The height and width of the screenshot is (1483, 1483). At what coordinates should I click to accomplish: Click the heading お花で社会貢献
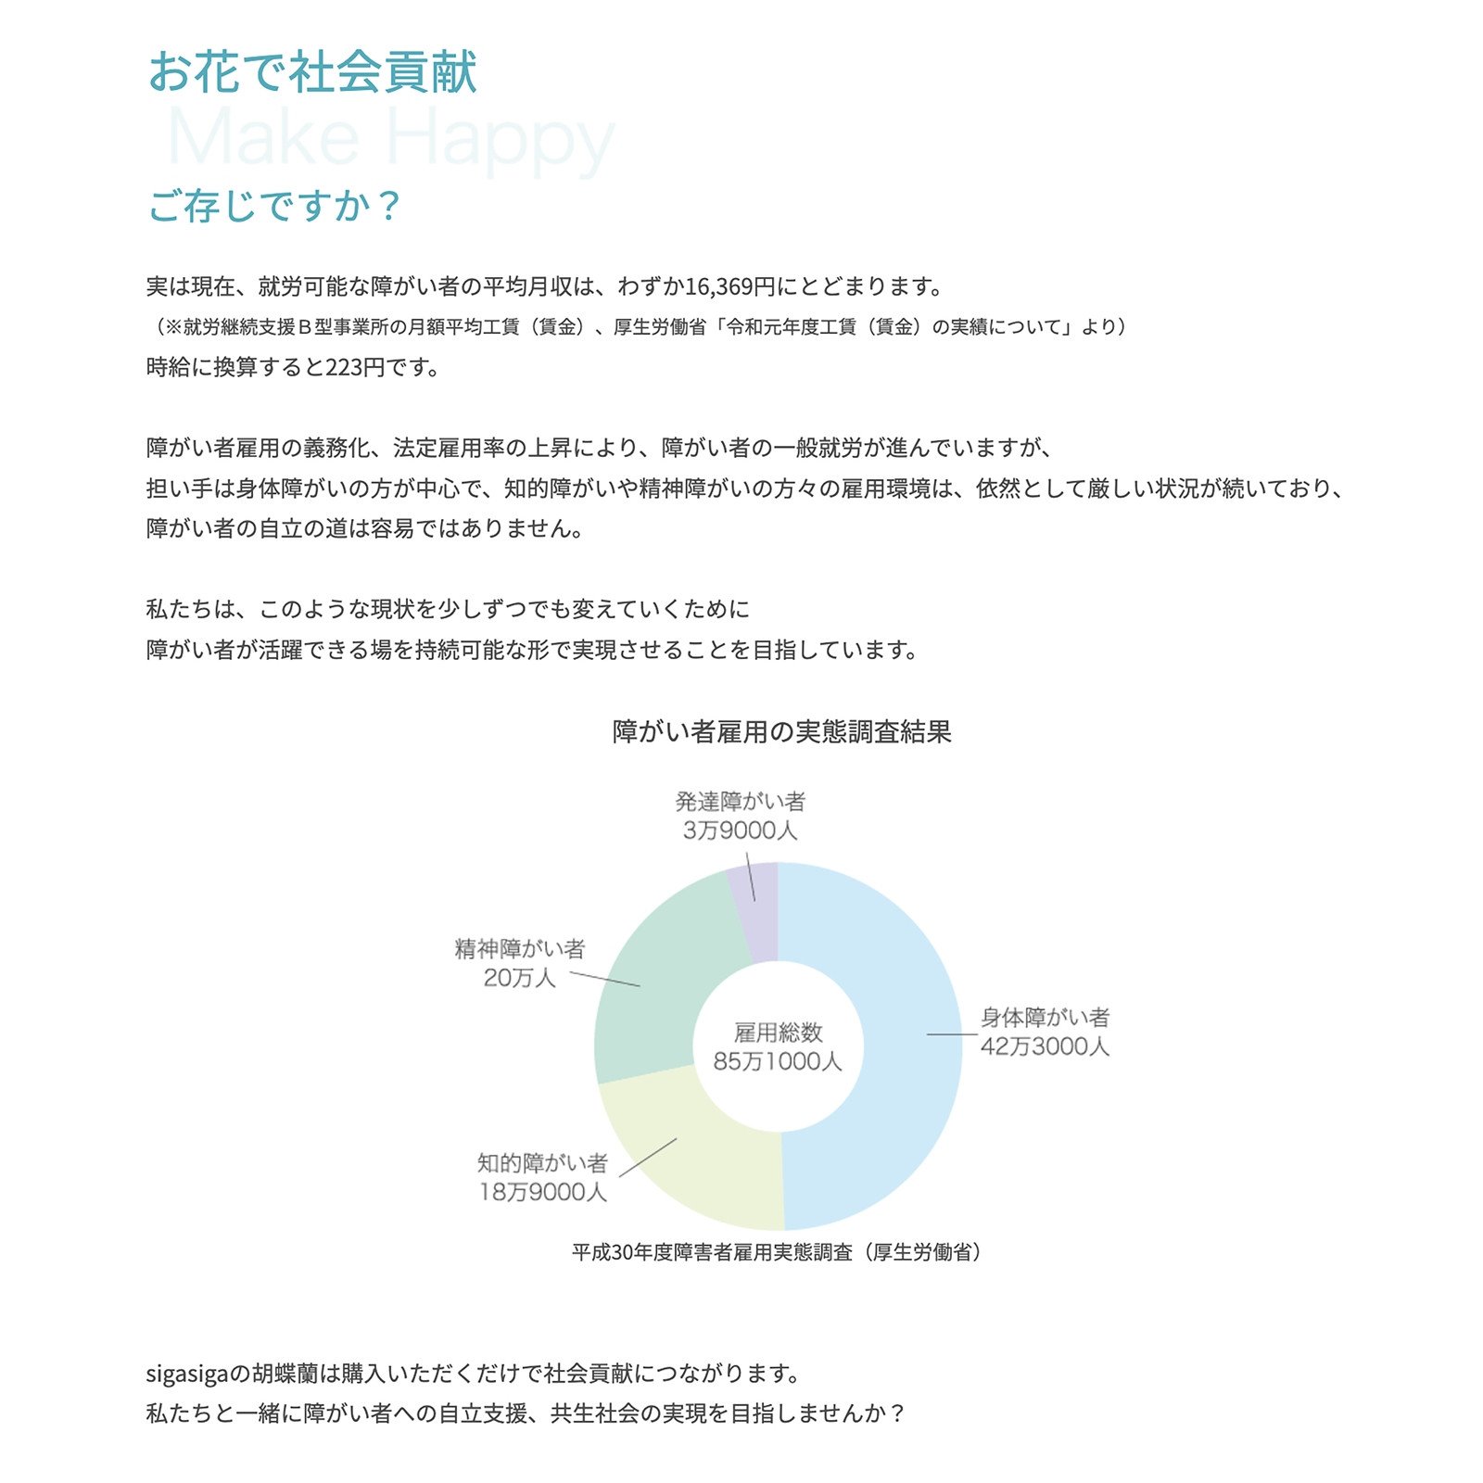(312, 72)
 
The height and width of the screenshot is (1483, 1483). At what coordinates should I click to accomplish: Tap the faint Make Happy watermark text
(390, 139)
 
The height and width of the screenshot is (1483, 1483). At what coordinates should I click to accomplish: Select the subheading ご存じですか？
(274, 205)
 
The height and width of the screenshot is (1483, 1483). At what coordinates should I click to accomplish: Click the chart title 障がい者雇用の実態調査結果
(781, 732)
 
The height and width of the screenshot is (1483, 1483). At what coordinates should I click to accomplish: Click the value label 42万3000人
(1045, 1047)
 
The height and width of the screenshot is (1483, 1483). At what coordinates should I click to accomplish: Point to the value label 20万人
(519, 978)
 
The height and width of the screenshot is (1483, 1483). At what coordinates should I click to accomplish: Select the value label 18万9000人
(542, 1192)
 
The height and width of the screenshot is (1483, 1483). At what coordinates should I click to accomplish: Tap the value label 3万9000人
(740, 830)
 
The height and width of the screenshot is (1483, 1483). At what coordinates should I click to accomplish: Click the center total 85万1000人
(778, 1061)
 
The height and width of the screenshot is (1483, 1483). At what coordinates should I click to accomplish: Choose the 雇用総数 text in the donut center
(778, 1033)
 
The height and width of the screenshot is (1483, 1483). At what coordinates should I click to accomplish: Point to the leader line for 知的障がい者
(648, 1158)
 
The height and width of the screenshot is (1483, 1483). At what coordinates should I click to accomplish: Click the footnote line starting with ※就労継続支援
(640, 327)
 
